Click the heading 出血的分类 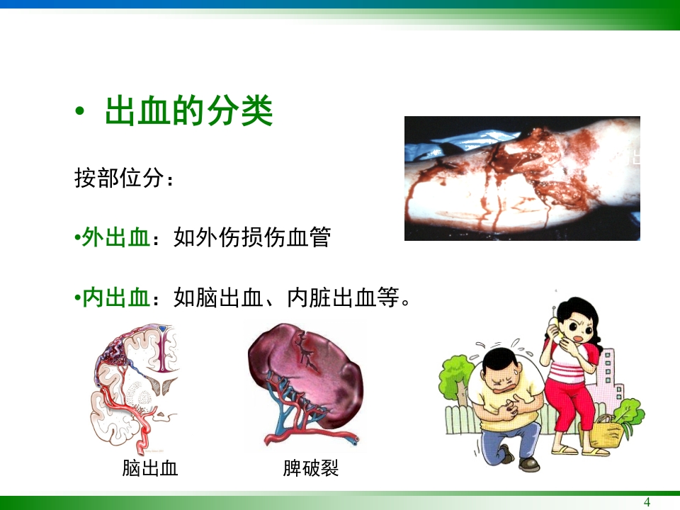click(188, 112)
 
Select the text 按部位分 click(119, 178)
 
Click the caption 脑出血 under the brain click(149, 468)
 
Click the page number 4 click(646, 502)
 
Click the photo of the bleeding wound click(521, 178)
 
